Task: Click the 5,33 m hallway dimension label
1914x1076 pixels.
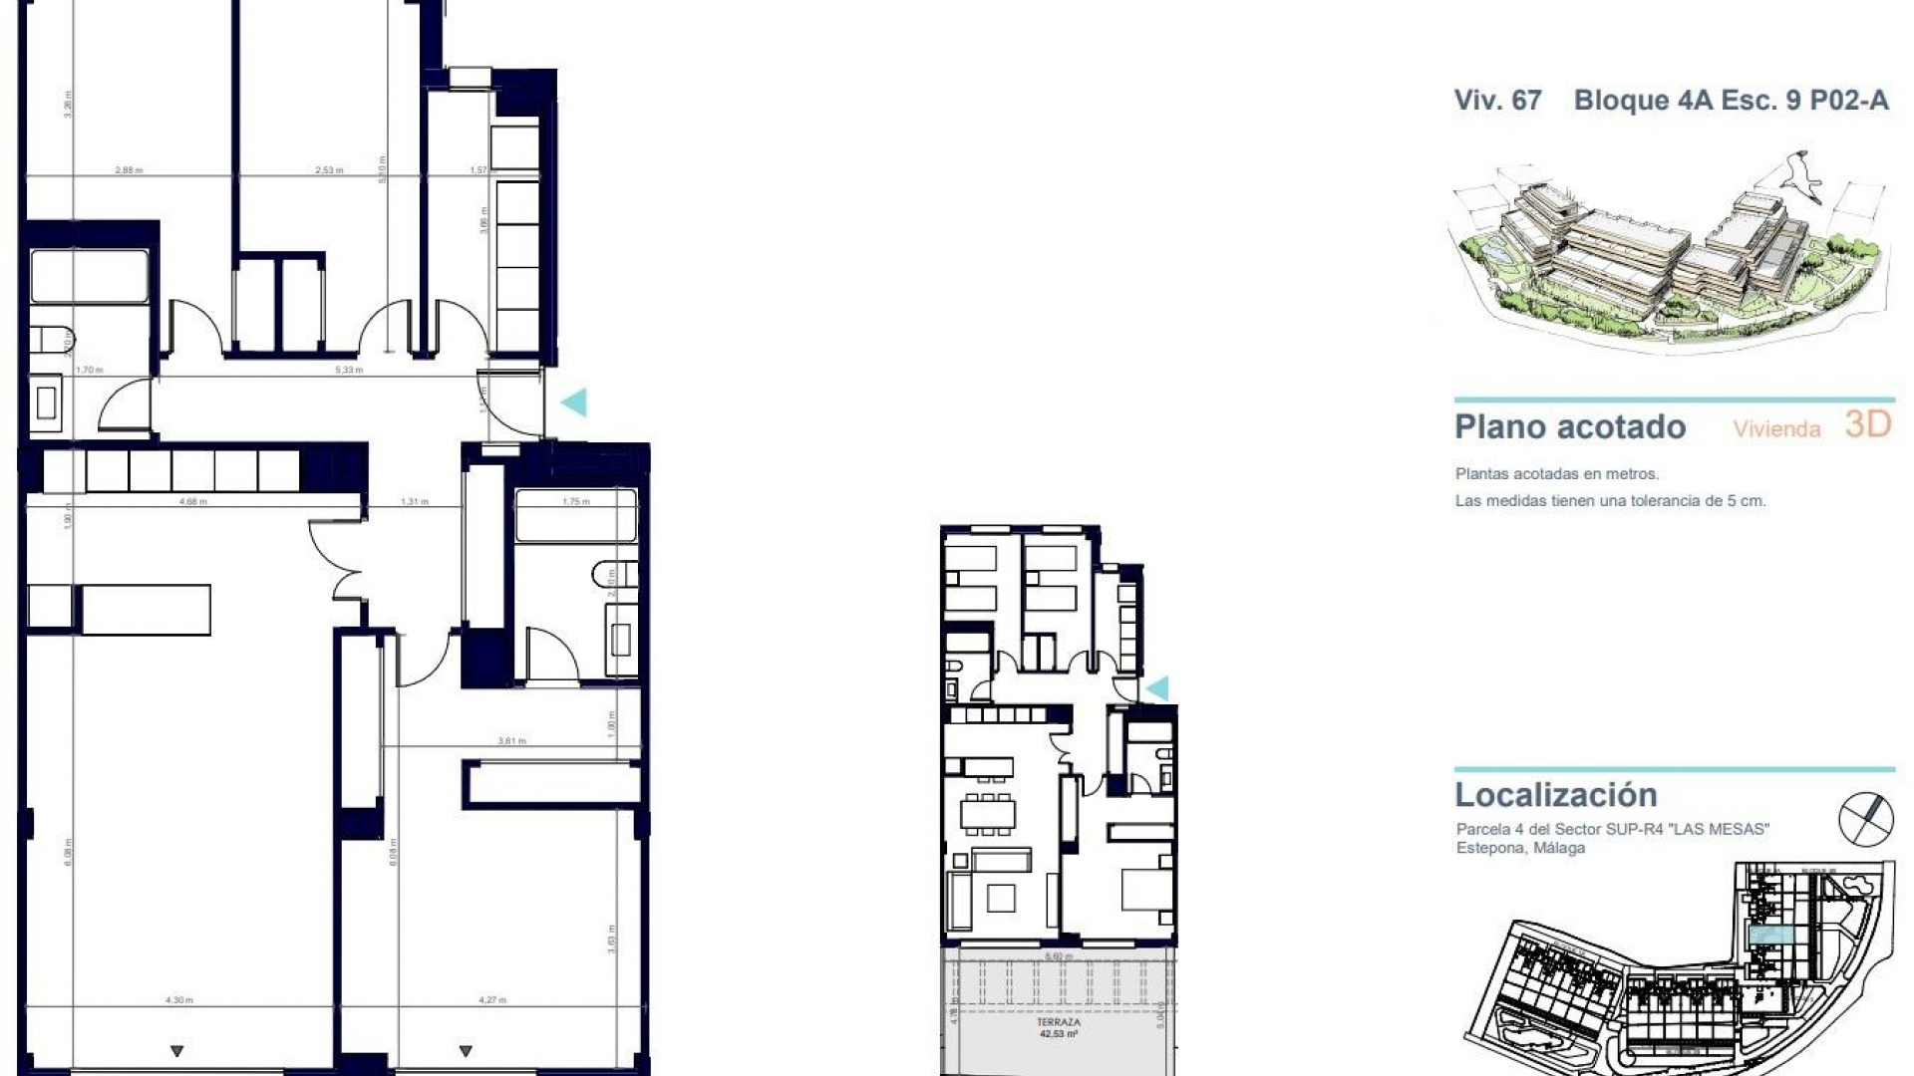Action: pyautogui.click(x=349, y=370)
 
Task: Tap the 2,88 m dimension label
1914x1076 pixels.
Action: pyautogui.click(x=129, y=170)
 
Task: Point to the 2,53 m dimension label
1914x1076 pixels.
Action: pyautogui.click(x=329, y=170)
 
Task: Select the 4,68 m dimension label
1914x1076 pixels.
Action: pyautogui.click(x=192, y=502)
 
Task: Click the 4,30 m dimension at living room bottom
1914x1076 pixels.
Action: pyautogui.click(x=179, y=1000)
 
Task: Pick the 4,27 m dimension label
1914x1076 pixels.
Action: pyautogui.click(x=492, y=1000)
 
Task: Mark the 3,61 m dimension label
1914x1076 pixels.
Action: pyautogui.click(x=512, y=741)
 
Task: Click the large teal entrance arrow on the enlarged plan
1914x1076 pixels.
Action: pyautogui.click(x=574, y=403)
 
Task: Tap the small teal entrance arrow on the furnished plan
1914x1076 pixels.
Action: pyautogui.click(x=1157, y=688)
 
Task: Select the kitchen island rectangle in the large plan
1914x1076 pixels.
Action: pyautogui.click(x=146, y=609)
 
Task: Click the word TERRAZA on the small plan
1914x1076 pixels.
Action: pyautogui.click(x=1058, y=1022)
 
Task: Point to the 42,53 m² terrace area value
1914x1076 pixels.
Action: pyautogui.click(x=1058, y=1034)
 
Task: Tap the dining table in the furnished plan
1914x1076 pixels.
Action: pyautogui.click(x=987, y=814)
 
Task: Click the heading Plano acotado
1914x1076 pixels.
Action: pyautogui.click(x=1570, y=427)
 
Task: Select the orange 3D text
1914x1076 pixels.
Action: pyautogui.click(x=1867, y=424)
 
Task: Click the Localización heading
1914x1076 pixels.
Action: pyautogui.click(x=1555, y=795)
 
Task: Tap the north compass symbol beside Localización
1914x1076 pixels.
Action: pyautogui.click(x=1865, y=819)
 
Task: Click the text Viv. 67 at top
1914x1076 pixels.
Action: pyautogui.click(x=1497, y=101)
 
